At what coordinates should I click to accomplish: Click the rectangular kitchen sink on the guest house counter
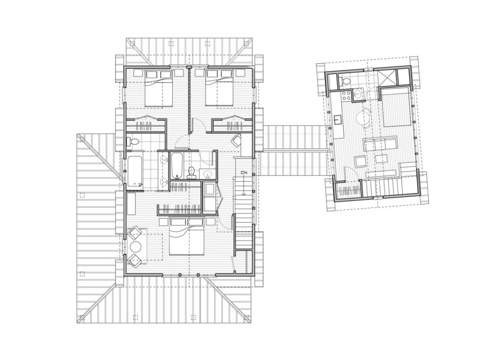(337, 120)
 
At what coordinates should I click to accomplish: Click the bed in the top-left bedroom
(158, 88)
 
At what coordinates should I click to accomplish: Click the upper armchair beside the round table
(134, 233)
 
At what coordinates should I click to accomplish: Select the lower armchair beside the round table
(134, 260)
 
